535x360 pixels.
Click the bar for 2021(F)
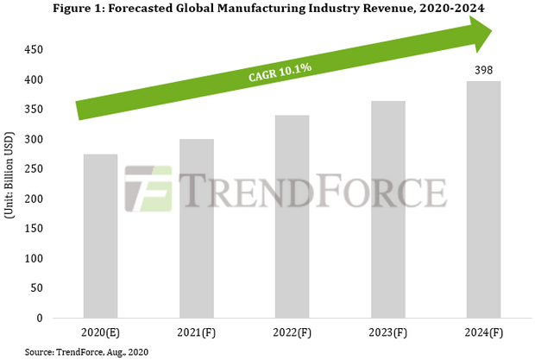197,229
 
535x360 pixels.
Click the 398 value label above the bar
484,70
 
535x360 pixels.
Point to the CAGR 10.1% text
268,75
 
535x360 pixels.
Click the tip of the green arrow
491,32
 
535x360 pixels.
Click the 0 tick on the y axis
40,319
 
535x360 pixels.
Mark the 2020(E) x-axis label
100,332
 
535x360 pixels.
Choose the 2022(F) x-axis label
292,332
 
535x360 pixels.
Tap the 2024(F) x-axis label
483,332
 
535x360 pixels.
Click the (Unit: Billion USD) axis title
10,184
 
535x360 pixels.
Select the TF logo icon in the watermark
148,188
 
